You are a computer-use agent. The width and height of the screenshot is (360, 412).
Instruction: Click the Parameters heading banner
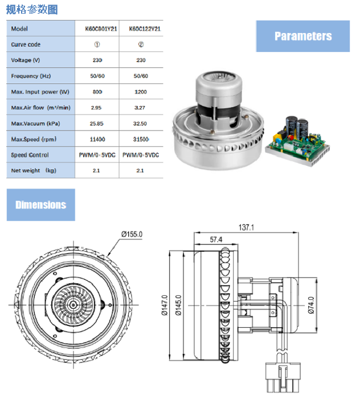point(302,36)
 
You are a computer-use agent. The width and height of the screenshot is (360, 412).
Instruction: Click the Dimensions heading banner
point(40,205)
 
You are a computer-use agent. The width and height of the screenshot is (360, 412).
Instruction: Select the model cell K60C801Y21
point(97,28)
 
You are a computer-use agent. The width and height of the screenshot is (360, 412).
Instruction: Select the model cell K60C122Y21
point(142,28)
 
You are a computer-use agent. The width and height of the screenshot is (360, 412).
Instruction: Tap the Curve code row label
point(26,44)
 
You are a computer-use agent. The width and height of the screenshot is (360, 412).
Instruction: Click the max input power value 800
point(97,92)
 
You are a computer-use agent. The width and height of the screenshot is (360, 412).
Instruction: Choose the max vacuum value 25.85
point(97,123)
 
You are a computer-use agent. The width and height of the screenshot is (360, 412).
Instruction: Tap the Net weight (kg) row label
point(34,170)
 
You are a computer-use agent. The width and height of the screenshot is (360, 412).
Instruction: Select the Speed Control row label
point(30,155)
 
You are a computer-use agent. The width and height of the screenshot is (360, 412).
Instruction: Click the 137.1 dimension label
point(246,227)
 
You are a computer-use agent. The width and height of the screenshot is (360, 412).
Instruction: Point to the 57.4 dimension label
point(215,240)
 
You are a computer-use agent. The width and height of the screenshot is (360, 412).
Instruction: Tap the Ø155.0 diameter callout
point(132,234)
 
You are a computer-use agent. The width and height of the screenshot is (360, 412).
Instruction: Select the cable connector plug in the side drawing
point(282,379)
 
